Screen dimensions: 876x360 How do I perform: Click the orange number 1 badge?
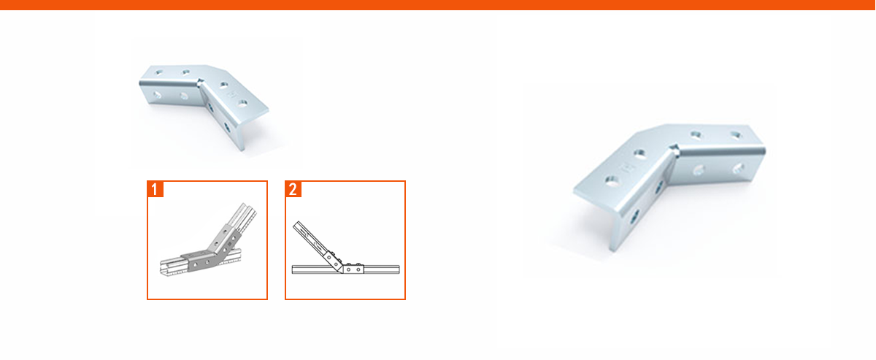[x=155, y=189]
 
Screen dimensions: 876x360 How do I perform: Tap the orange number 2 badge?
[x=293, y=189]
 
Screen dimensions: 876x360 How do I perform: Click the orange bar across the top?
[x=438, y=4]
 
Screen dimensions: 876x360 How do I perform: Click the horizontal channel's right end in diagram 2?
[x=398, y=269]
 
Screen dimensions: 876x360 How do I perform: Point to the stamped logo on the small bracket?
[x=234, y=94]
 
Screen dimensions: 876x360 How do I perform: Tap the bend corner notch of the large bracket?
[x=673, y=148]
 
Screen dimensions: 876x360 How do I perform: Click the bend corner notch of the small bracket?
[x=200, y=82]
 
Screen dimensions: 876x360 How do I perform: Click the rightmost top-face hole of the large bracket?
[x=737, y=135]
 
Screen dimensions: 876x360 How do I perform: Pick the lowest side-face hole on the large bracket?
[x=634, y=216]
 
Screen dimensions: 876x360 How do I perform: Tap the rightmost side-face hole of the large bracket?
[x=738, y=168]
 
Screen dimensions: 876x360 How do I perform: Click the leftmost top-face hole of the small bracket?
[x=159, y=72]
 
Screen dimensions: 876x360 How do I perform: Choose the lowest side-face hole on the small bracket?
[x=227, y=127]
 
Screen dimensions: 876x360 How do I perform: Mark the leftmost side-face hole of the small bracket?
[x=157, y=94]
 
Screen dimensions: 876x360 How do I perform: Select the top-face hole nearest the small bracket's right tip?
[x=242, y=103]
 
